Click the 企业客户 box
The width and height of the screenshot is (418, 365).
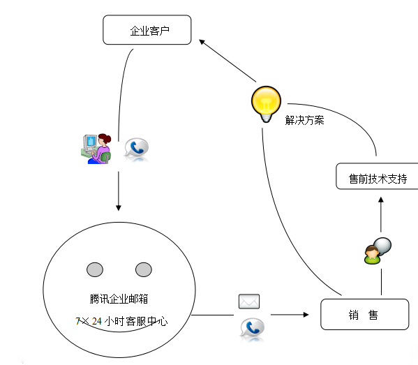[147, 31]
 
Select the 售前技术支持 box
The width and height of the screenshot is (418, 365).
[377, 178]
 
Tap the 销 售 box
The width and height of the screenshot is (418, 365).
[363, 315]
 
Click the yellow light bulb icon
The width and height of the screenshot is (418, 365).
[265, 103]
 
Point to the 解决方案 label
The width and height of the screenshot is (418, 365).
[304, 120]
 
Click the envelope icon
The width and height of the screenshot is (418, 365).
[249, 301]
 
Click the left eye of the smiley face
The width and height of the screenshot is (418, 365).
[95, 269]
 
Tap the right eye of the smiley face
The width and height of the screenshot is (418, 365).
[143, 269]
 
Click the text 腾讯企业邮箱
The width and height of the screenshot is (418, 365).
[119, 299]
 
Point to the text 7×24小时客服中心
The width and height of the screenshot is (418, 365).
[121, 322]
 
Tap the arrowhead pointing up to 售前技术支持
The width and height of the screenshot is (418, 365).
[381, 200]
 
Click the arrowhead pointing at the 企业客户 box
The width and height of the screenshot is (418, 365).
[203, 43]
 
